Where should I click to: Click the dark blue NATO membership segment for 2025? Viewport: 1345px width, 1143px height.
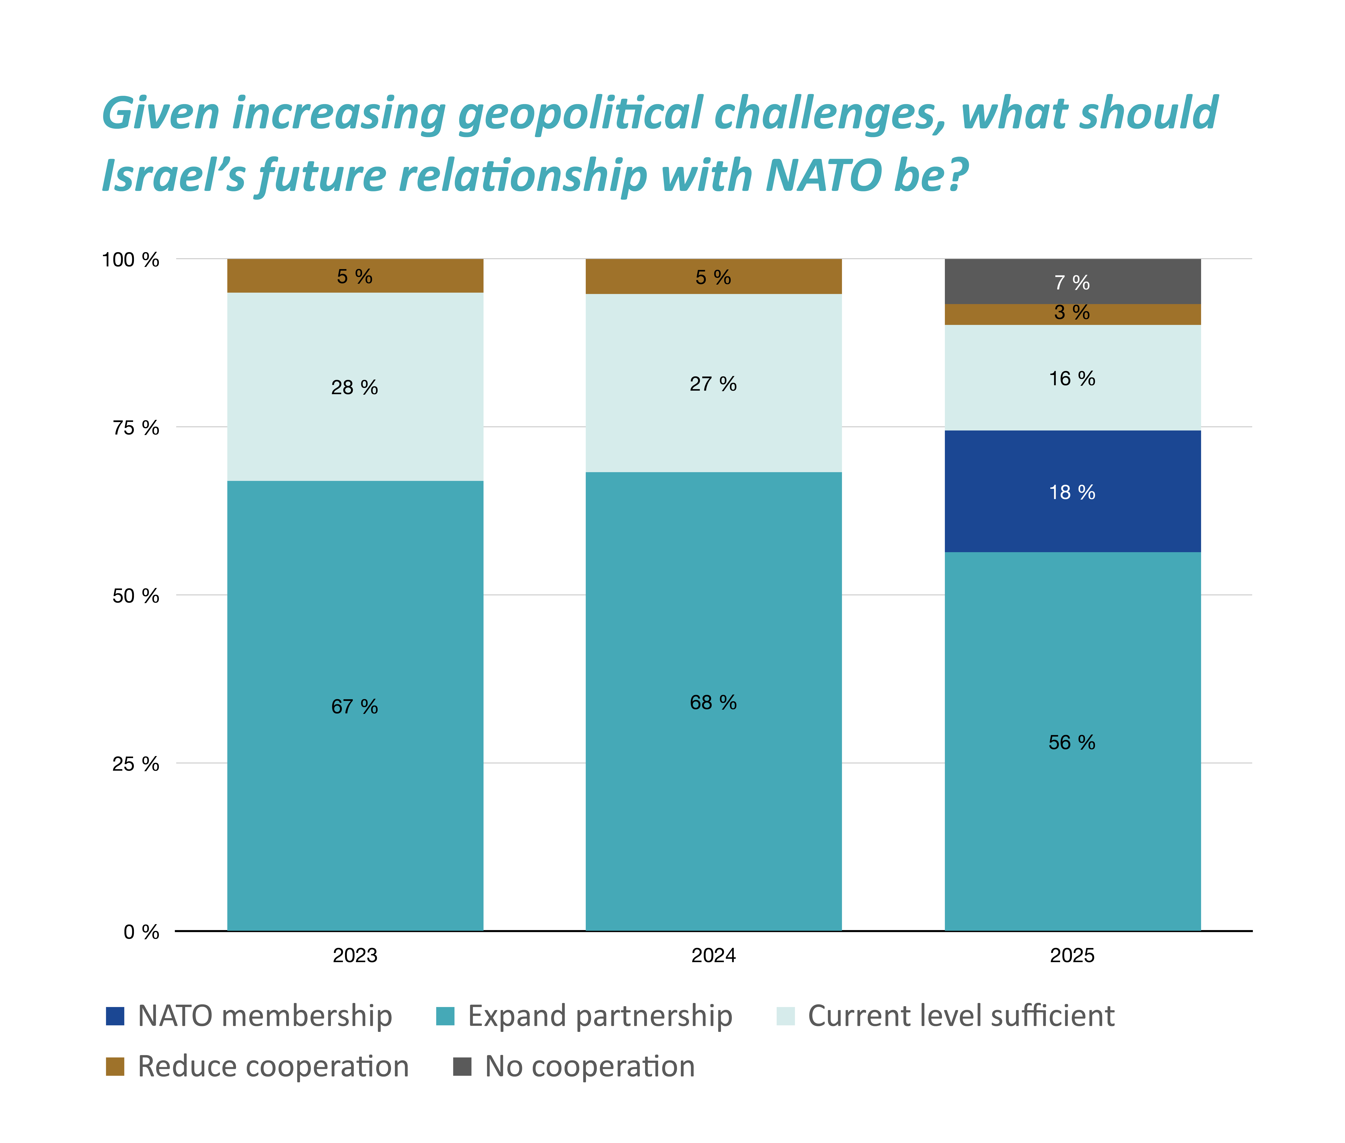1072,491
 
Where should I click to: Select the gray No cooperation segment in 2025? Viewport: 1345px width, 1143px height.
1072,281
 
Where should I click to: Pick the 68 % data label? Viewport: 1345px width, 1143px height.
713,702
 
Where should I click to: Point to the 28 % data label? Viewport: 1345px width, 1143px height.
355,387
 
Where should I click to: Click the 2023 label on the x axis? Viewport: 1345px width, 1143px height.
355,955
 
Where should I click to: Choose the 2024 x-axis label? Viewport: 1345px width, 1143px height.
713,955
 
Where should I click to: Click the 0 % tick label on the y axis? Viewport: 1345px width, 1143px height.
141,932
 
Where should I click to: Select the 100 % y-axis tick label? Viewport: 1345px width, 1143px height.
130,260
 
